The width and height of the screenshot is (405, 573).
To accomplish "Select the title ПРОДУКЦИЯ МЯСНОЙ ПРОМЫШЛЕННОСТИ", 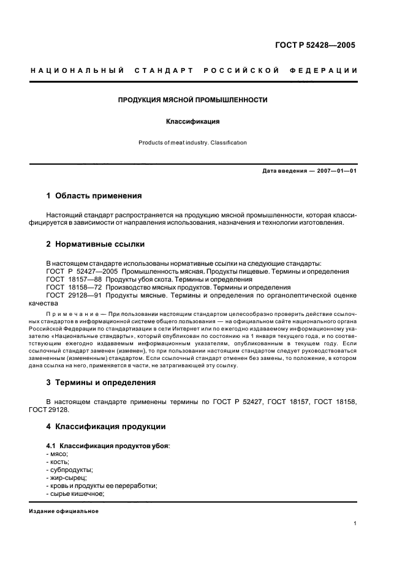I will (x=192, y=99).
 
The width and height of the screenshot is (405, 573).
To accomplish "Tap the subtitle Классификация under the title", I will (x=192, y=121).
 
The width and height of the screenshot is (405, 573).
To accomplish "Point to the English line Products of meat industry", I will (x=192, y=143).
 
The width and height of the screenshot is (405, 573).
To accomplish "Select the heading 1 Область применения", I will (x=94, y=196).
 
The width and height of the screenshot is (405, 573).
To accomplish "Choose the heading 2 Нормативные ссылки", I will (x=96, y=244).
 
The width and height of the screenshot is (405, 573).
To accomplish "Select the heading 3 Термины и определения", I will (x=101, y=383).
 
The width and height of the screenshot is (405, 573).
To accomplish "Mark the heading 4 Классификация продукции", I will (x=105, y=426).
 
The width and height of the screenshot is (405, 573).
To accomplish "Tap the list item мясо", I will (x=58, y=454).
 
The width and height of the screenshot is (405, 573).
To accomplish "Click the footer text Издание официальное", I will (x=64, y=511).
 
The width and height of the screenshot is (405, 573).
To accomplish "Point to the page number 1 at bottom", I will (x=355, y=523).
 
